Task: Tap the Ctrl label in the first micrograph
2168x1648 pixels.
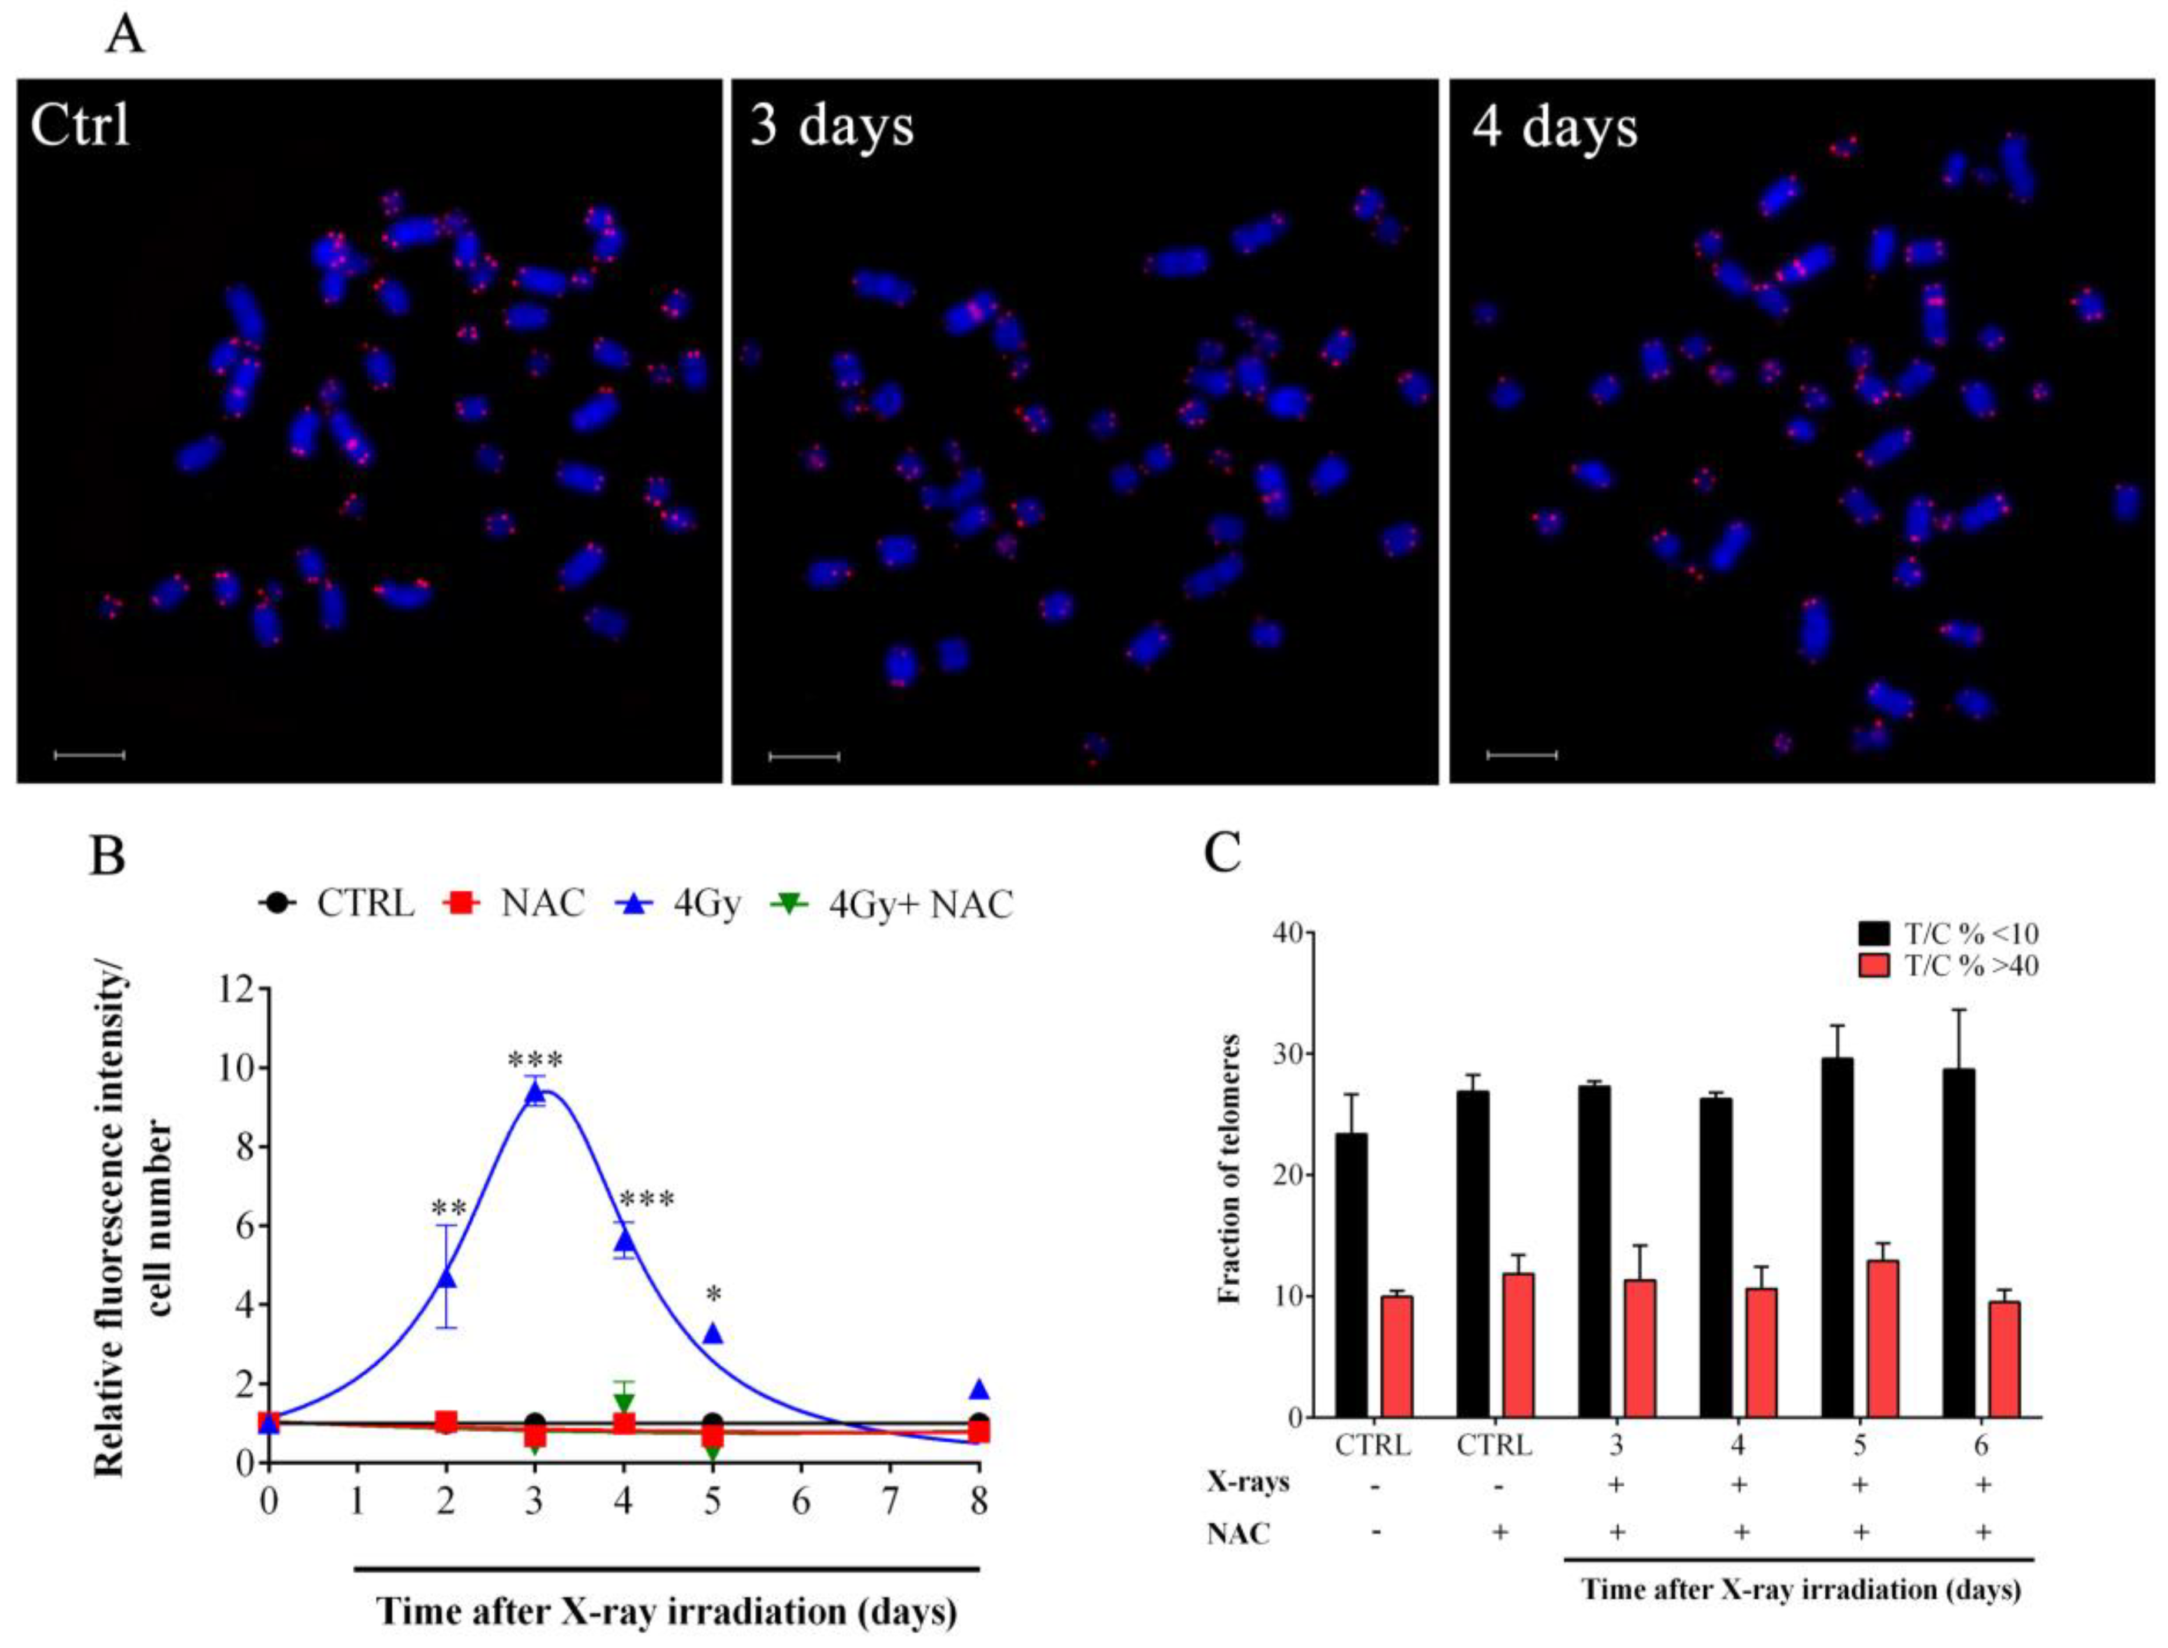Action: click(x=81, y=126)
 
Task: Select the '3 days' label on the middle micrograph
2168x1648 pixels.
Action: click(x=831, y=126)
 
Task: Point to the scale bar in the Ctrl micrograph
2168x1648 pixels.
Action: click(x=89, y=756)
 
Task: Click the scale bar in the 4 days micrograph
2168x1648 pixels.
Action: click(x=1522, y=756)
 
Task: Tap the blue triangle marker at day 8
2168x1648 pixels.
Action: click(x=979, y=1389)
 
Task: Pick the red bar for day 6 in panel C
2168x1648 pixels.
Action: click(x=2006, y=1359)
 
